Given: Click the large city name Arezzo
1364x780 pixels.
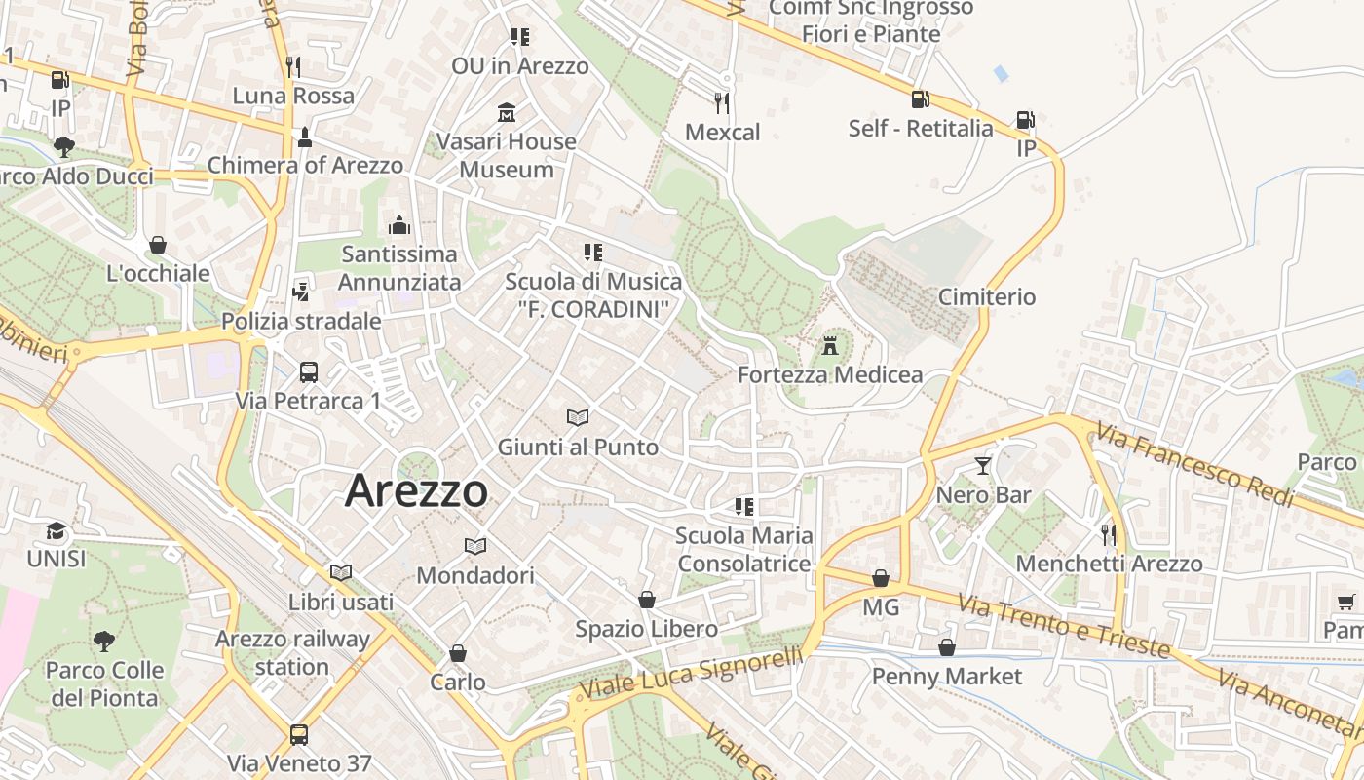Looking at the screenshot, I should (416, 490).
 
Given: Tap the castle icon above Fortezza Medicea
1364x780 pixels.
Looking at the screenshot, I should (830, 345).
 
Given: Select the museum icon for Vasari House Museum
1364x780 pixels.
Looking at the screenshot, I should (506, 112).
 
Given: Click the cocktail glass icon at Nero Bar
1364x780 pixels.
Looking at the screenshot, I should (982, 466).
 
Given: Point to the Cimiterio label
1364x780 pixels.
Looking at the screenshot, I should (986, 297).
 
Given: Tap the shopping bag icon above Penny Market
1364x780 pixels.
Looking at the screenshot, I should (946, 647).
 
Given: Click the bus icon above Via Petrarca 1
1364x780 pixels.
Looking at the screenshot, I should (308, 371).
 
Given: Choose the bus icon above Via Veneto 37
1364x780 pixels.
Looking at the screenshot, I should (298, 734).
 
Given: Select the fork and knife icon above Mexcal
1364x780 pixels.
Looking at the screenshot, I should (721, 102).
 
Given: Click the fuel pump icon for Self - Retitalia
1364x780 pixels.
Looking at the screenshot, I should (920, 98).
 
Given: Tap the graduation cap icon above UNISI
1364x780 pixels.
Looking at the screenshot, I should (57, 531).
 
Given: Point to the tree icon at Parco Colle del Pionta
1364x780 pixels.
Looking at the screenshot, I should (103, 642).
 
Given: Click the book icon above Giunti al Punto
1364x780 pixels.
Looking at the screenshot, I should (578, 418).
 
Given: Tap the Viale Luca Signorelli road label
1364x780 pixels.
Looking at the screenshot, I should (692, 672).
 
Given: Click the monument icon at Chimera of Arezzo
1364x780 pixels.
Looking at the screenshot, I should (305, 137).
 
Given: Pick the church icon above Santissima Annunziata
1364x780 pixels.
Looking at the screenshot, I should (398, 225).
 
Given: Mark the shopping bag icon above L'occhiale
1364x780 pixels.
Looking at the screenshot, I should (158, 244).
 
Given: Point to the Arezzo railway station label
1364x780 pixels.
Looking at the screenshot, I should (292, 653).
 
